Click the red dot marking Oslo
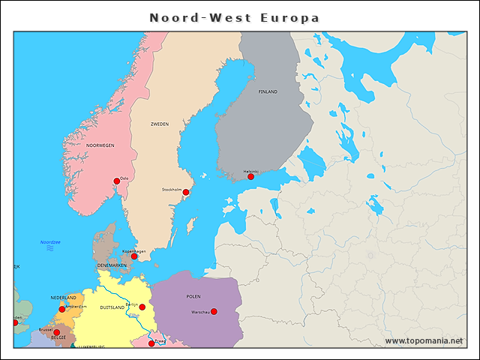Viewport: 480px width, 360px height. point(116,181)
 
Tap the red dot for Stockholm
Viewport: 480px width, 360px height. point(186,192)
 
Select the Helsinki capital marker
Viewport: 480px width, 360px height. point(251,176)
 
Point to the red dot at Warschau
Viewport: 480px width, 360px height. point(214,311)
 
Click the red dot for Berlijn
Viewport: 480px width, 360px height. point(142,307)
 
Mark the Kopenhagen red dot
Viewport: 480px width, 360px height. point(134,256)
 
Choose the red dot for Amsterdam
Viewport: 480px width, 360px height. point(62,309)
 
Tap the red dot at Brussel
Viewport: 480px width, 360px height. point(56,332)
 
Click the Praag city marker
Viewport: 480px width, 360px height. point(151,343)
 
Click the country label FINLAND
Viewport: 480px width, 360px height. point(268,91)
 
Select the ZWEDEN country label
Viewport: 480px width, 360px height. point(160,124)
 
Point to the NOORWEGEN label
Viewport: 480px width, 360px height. point(100,145)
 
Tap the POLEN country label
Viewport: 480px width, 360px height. point(193,296)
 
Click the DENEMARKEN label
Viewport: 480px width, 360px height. point(112,265)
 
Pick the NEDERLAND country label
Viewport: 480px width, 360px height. point(63,298)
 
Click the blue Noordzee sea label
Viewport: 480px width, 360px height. point(50,242)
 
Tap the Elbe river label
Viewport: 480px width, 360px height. point(133,316)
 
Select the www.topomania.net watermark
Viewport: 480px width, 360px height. point(424,341)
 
